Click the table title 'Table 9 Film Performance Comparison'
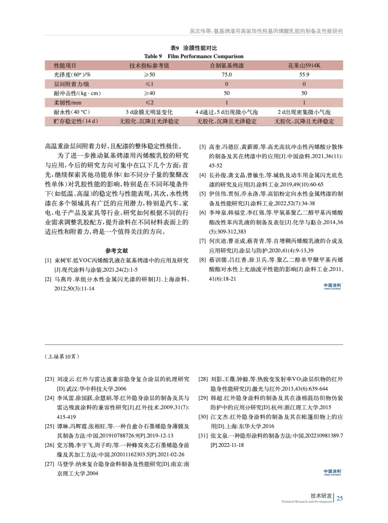click(x=194, y=56)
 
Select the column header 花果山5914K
click(x=304, y=65)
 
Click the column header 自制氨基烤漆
click(x=227, y=65)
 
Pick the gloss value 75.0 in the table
click(x=227, y=75)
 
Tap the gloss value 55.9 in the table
click(x=304, y=75)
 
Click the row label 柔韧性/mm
click(x=68, y=102)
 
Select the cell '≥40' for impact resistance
click(x=149, y=93)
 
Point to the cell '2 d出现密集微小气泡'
click(x=304, y=112)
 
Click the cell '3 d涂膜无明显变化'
click(x=149, y=112)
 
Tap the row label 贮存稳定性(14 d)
click(x=76, y=121)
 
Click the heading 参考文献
click(x=117, y=251)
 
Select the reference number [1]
click(x=48, y=261)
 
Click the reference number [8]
click(x=202, y=260)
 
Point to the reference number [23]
click(x=49, y=379)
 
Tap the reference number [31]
click(x=203, y=436)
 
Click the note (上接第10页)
click(x=62, y=356)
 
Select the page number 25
click(x=340, y=498)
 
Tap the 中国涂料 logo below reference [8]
click(x=332, y=286)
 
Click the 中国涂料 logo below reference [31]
click(x=332, y=472)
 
